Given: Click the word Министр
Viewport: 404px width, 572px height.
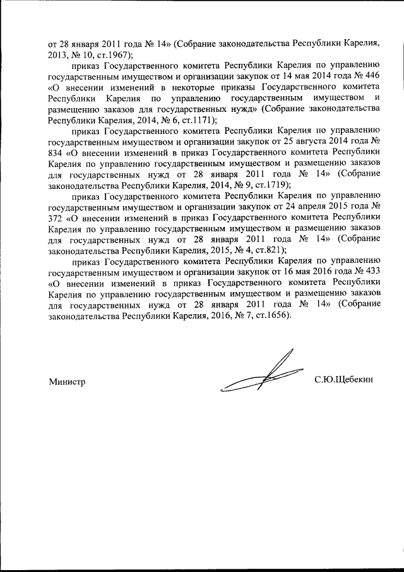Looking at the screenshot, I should pyautogui.click(x=66, y=380).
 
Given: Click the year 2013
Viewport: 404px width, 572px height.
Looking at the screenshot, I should pyautogui.click(x=59, y=55).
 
